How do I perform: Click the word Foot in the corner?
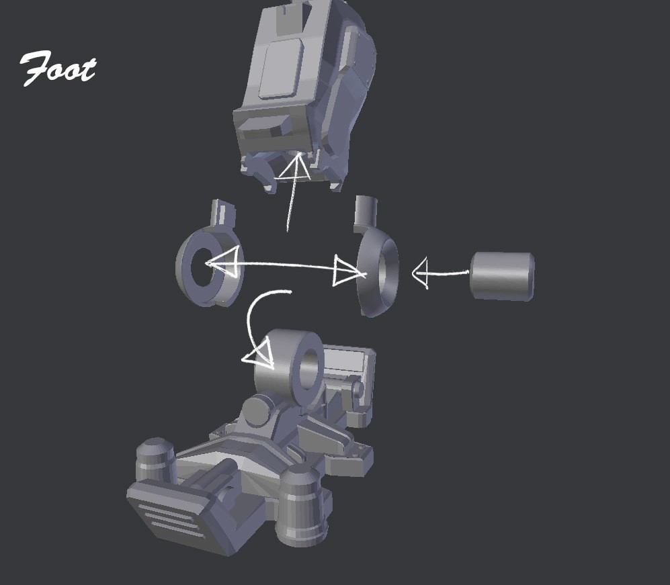pos(58,69)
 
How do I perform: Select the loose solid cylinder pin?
pos(502,276)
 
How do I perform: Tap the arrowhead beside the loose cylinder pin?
pos(421,273)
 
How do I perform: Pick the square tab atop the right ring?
pos(366,212)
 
